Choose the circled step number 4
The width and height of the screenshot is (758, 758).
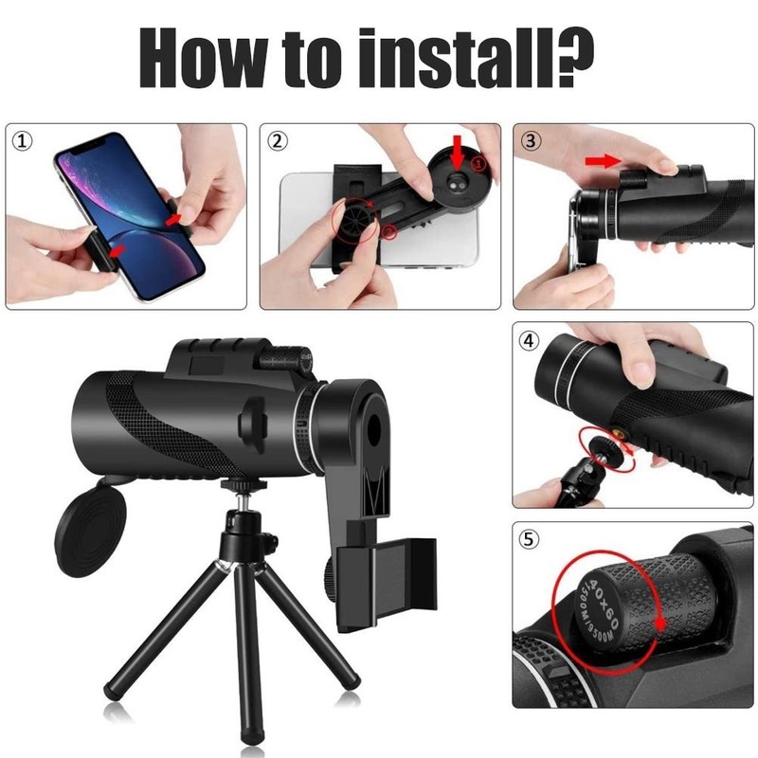pos(532,340)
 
